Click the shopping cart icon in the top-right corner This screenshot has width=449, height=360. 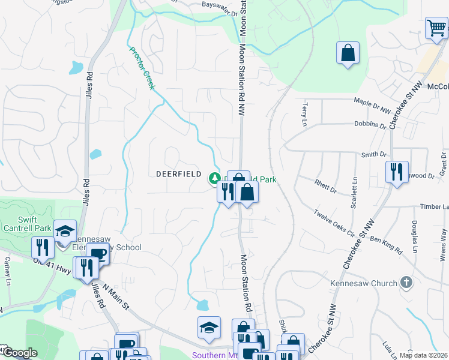[x=436, y=28]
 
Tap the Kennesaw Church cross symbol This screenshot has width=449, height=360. [x=406, y=283]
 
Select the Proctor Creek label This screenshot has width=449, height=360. [x=142, y=68]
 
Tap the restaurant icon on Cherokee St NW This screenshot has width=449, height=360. [x=397, y=172]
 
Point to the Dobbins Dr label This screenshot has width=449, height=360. [x=370, y=125]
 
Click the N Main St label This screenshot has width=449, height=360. [x=116, y=298]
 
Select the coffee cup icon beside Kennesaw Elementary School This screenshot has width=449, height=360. [x=97, y=254]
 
